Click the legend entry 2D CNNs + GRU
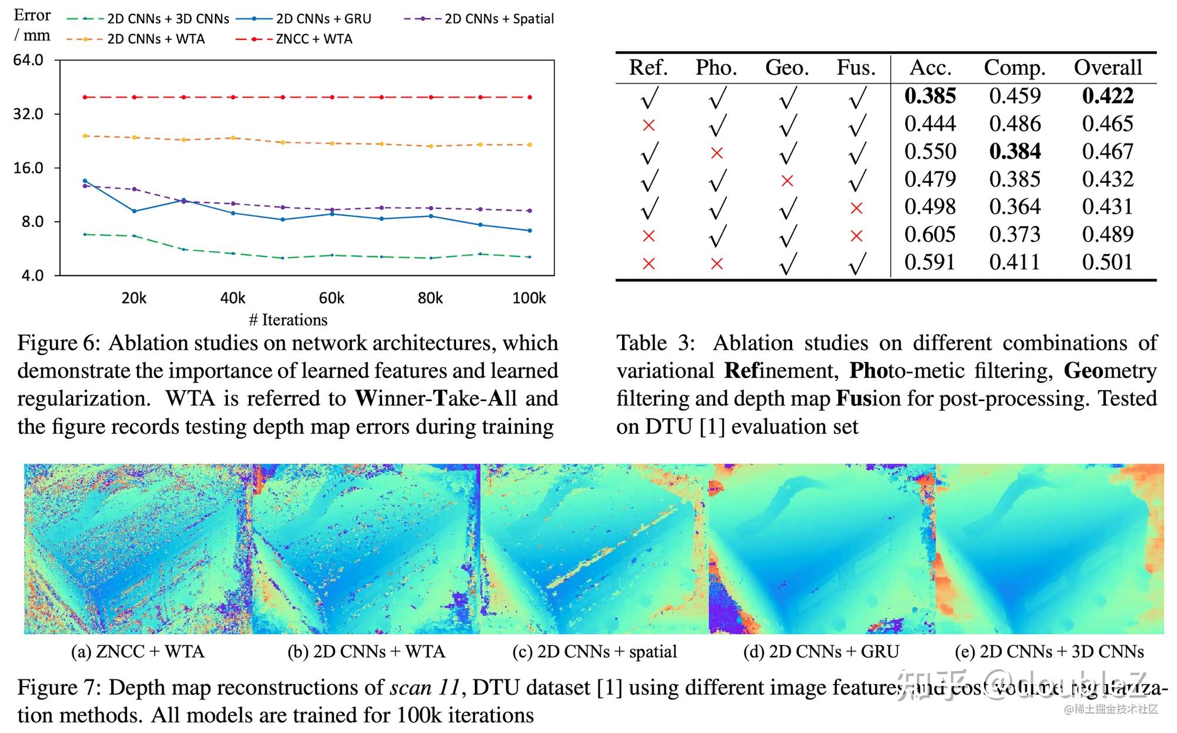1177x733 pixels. pyautogui.click(x=323, y=19)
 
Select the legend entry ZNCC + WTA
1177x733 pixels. pyautogui.click(x=314, y=39)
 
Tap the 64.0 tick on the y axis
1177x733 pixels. pyautogui.click(x=28, y=60)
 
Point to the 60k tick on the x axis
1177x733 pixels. pyautogui.click(x=331, y=298)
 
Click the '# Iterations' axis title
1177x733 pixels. pyautogui.click(x=288, y=319)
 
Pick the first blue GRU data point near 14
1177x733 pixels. pyautogui.click(x=85, y=181)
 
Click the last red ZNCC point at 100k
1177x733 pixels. pyautogui.click(x=530, y=97)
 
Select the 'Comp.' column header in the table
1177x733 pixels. pyautogui.click(x=1014, y=68)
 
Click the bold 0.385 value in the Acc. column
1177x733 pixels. pyautogui.click(x=930, y=96)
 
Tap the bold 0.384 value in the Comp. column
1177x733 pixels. pyautogui.click(x=1015, y=152)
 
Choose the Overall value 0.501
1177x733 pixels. pyautogui.click(x=1107, y=262)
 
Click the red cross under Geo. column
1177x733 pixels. pyautogui.click(x=787, y=181)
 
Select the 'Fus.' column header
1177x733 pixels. pyautogui.click(x=856, y=68)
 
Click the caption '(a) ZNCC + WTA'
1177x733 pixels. pyautogui.click(x=137, y=652)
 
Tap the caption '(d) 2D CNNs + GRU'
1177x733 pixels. pyautogui.click(x=821, y=652)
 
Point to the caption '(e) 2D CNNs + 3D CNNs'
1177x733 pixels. pyautogui.click(x=1049, y=652)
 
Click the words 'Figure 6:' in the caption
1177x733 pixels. pyautogui.click(x=58, y=343)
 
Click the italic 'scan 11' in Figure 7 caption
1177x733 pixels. pyautogui.click(x=424, y=688)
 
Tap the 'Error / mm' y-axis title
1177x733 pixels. pyautogui.click(x=32, y=25)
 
